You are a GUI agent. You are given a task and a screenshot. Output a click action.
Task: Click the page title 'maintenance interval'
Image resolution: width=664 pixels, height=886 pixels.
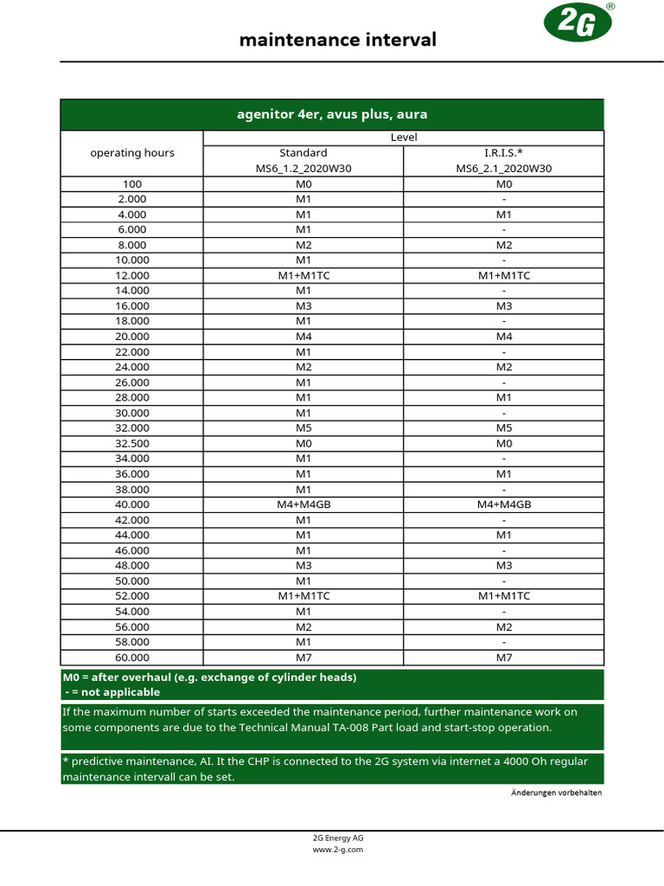337,40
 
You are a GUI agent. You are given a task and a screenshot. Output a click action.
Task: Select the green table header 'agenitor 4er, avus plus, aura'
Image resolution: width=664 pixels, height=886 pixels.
332,114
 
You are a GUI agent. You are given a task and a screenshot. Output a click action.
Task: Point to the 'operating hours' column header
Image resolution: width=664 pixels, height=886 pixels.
132,153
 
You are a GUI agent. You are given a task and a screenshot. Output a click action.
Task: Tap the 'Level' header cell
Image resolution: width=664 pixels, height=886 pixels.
404,138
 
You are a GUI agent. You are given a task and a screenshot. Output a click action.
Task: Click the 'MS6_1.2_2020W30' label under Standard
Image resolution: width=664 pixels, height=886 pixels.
303,169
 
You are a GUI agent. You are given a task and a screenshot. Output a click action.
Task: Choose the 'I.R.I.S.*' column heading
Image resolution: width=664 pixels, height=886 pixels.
504,153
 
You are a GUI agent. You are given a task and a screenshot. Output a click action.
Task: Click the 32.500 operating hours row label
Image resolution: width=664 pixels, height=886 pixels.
132,443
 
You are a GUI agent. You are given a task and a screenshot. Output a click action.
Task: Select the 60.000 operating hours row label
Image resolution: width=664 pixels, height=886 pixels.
132,658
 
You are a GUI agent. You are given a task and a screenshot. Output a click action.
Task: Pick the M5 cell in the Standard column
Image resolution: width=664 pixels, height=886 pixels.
303,428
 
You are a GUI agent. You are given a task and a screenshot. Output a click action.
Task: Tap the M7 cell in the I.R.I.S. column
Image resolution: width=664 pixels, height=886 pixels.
504,658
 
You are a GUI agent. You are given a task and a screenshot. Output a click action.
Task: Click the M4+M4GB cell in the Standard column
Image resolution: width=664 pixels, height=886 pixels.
303,504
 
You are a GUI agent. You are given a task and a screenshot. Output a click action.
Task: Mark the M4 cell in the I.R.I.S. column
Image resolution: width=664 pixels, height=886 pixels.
504,337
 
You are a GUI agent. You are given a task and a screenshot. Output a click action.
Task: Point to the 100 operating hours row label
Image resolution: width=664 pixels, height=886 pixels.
132,184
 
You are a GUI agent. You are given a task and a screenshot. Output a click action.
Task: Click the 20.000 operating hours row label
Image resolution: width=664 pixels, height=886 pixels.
132,337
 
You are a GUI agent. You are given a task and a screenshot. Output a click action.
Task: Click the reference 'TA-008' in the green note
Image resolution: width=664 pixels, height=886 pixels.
350,728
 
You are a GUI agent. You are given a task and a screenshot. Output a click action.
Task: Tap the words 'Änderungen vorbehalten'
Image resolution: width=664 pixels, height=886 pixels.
556,793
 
